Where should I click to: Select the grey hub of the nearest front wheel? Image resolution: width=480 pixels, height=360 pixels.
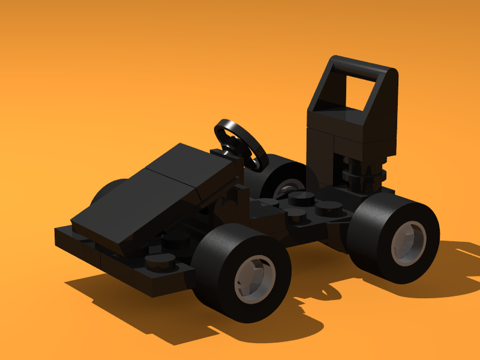coord(255,279)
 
